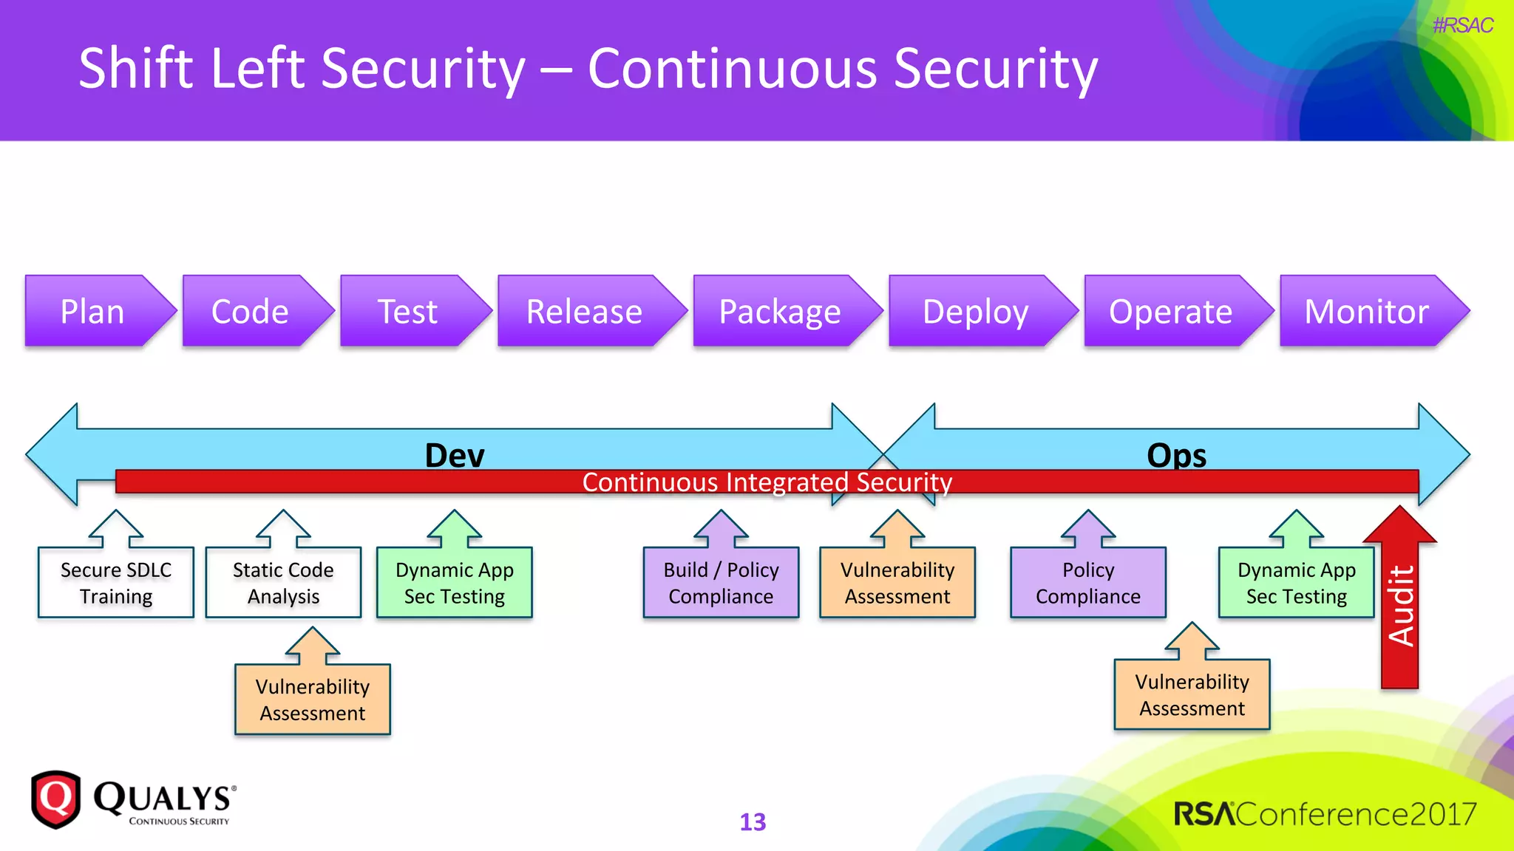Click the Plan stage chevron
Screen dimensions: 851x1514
[92, 311]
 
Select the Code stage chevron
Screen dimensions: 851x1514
[250, 311]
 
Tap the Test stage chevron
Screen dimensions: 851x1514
[408, 311]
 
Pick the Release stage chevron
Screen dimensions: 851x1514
[584, 311]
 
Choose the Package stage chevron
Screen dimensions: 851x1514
[780, 311]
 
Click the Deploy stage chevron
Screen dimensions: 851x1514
[975, 311]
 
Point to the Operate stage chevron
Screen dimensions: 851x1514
[1170, 311]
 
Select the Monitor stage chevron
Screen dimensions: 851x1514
[1366, 311]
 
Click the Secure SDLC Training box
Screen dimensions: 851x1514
[116, 583]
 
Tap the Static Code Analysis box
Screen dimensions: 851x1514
[283, 583]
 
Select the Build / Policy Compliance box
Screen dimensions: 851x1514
[721, 583]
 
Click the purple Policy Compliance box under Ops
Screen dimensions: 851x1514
[1087, 583]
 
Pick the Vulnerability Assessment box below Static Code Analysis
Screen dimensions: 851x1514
[312, 700]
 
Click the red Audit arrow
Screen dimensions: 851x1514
[1400, 606]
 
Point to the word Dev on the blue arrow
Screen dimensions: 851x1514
[455, 454]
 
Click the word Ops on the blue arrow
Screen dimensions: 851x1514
[1176, 454]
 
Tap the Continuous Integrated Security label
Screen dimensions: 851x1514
[767, 482]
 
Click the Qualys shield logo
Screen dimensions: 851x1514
[55, 799]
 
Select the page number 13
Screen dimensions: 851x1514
[753, 822]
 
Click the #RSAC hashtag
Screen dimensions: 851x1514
[1462, 26]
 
